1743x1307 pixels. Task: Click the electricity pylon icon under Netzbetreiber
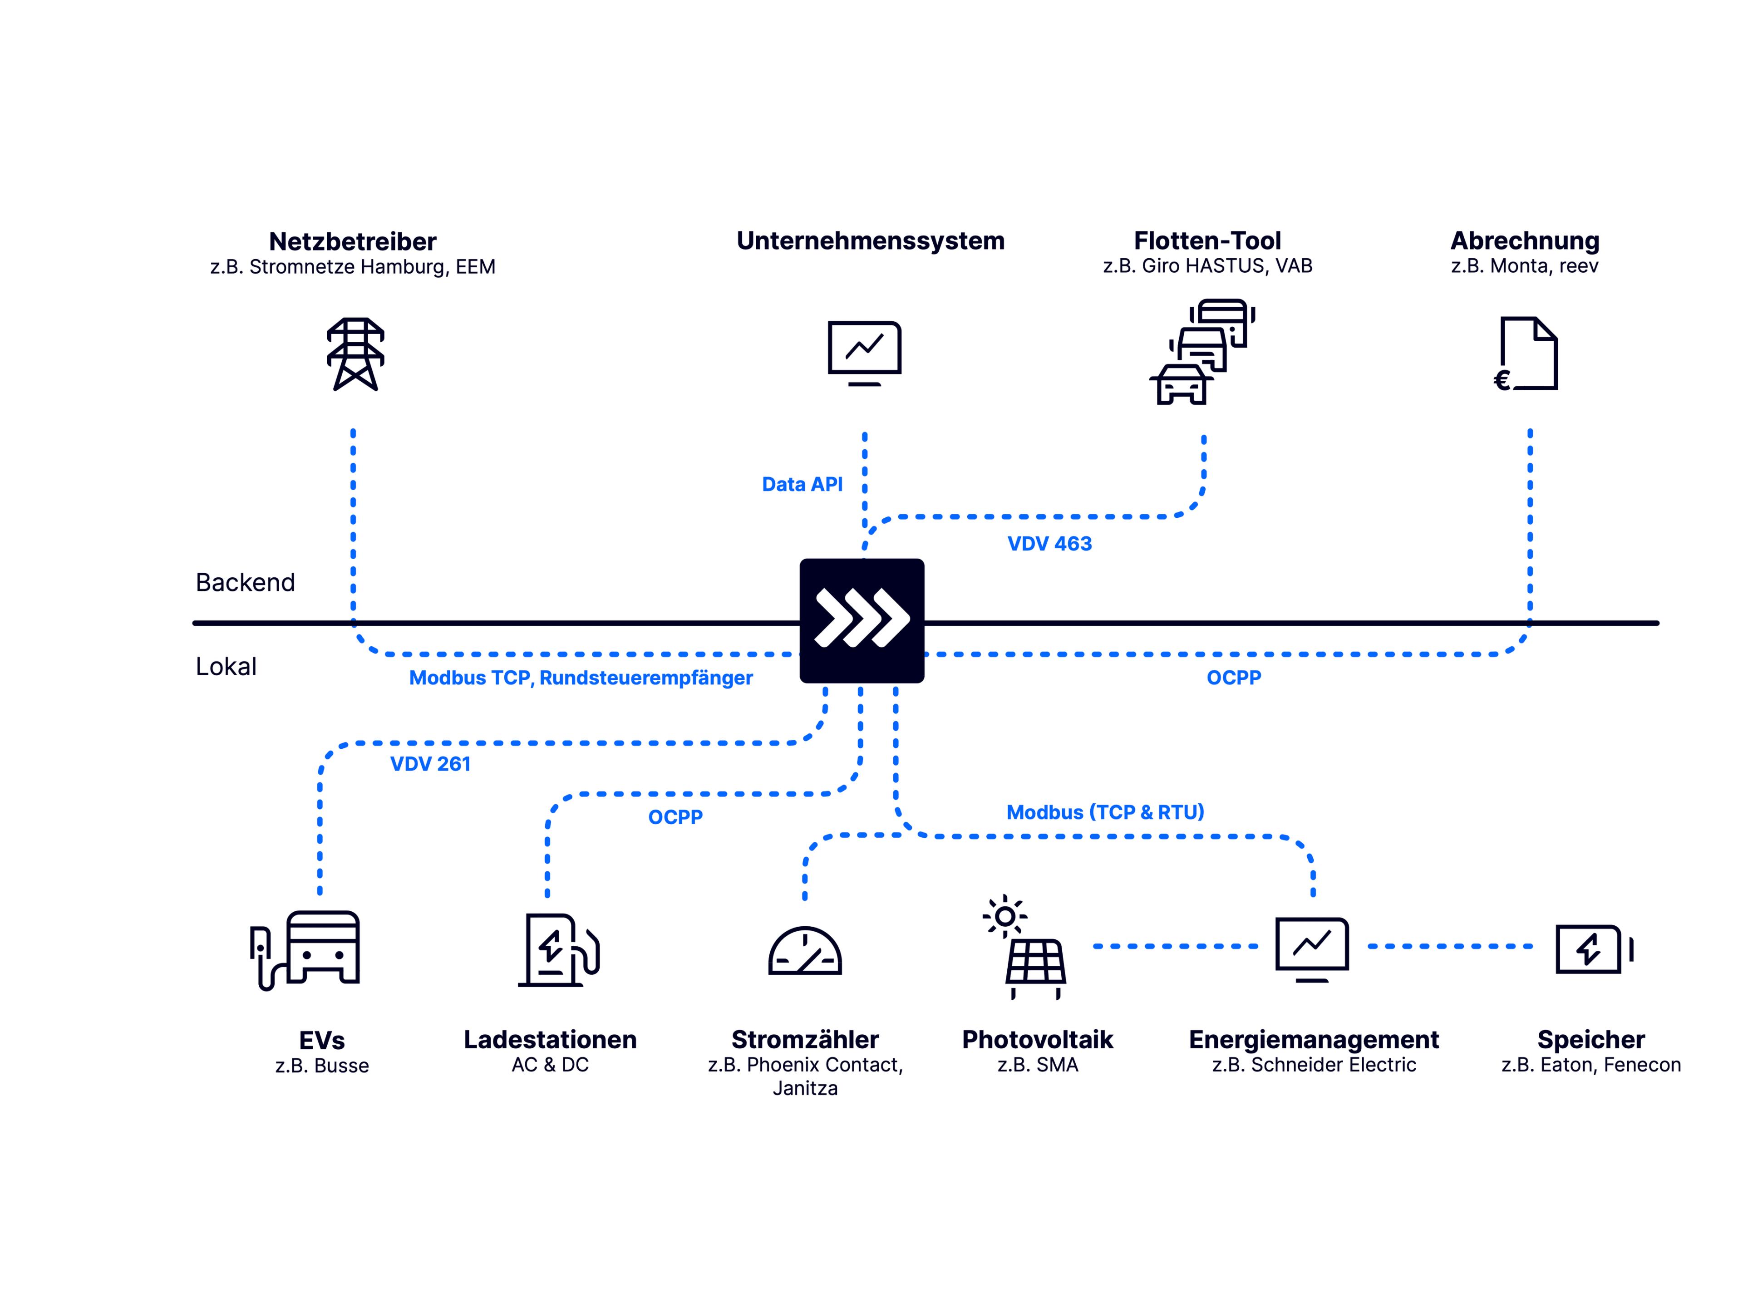(355, 354)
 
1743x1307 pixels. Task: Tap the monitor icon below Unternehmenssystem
(864, 352)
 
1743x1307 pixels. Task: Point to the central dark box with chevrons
(862, 621)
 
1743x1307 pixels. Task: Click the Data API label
(802, 485)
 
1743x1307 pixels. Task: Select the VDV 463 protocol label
(1049, 544)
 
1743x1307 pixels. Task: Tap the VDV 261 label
(430, 764)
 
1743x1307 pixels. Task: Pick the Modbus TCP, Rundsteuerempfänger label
(581, 678)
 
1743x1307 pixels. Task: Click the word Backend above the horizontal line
(245, 583)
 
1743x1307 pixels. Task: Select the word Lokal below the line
(226, 667)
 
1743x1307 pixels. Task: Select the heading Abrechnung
(1525, 241)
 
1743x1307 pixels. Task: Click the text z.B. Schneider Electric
(1314, 1065)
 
